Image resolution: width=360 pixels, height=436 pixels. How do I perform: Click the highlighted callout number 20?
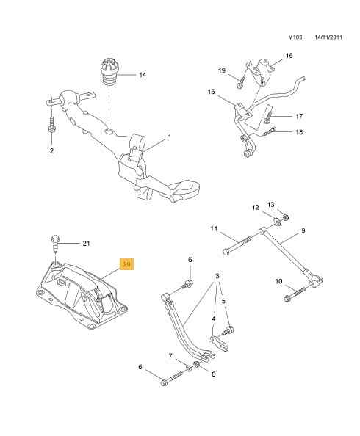126,264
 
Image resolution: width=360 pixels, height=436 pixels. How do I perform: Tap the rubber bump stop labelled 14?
109,72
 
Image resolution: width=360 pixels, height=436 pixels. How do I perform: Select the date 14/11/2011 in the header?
328,37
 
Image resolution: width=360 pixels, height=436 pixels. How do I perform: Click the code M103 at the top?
295,37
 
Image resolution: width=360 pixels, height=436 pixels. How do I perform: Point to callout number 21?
86,243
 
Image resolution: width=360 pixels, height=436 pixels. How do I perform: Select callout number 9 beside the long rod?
303,230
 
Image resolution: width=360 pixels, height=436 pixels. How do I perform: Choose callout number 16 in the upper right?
289,55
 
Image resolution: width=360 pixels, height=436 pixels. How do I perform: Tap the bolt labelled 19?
241,81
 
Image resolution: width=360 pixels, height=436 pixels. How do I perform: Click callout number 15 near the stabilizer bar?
212,92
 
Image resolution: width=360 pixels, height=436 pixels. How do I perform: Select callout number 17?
299,116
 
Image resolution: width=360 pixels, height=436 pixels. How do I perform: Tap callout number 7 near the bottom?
170,356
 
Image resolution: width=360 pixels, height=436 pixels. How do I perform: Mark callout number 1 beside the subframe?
170,137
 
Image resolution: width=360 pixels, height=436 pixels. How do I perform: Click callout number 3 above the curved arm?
217,276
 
